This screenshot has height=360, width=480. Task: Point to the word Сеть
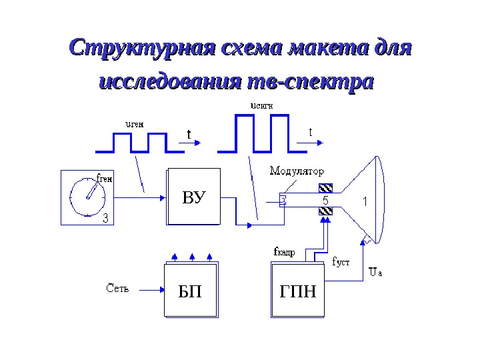[118, 289]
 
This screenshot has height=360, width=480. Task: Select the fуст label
[341, 262]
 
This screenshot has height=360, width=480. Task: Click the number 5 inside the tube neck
[325, 200]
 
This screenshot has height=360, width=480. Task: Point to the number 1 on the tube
[364, 200]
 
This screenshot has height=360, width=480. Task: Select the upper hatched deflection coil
[325, 187]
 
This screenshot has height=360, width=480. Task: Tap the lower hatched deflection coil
[325, 212]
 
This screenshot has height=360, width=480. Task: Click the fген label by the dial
[105, 178]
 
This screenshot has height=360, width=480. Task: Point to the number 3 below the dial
[105, 217]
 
